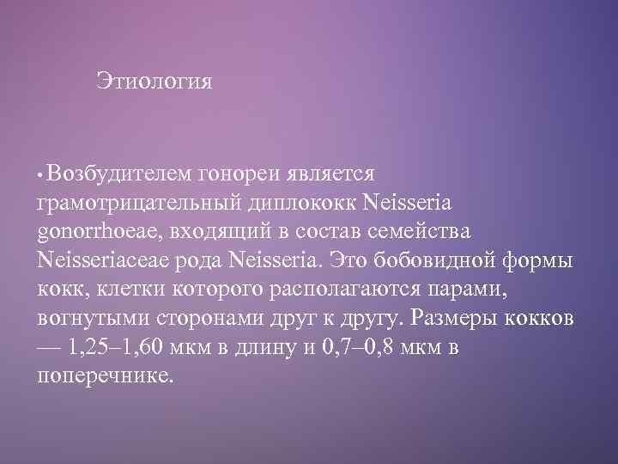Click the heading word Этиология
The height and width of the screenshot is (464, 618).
[154, 83]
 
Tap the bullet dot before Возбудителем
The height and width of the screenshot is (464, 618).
[40, 174]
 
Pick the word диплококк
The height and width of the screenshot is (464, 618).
[304, 205]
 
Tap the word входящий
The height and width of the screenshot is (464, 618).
[210, 234]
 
